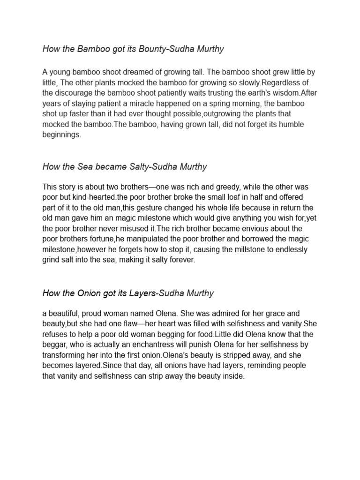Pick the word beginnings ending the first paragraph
click(x=61, y=135)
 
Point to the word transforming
click(x=65, y=355)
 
